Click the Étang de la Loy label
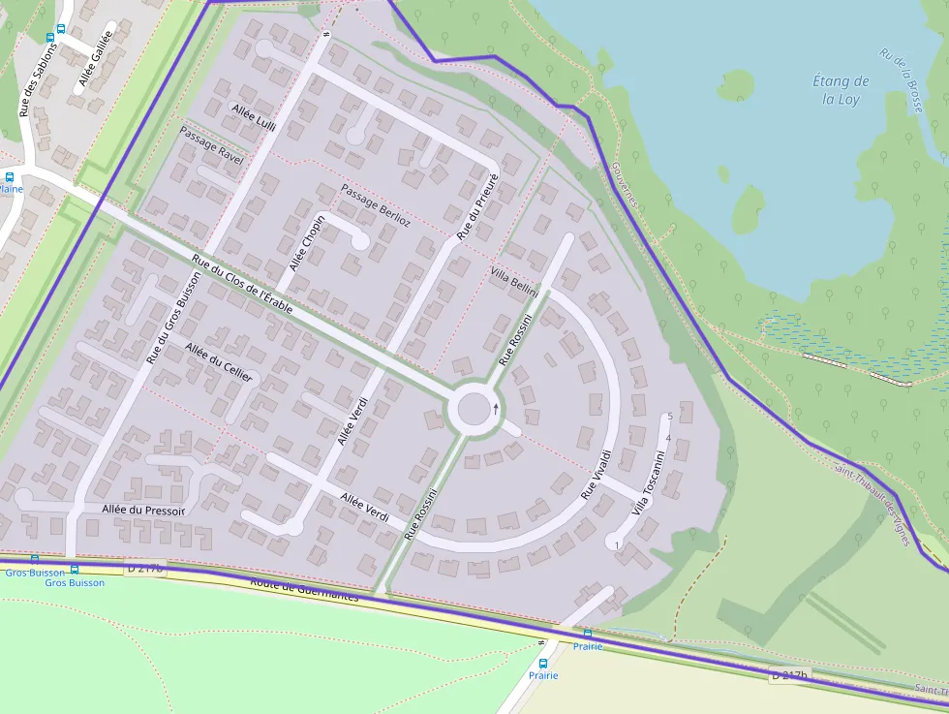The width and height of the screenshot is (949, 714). pyautogui.click(x=842, y=90)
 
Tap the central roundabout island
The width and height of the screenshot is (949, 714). pyautogui.click(x=474, y=410)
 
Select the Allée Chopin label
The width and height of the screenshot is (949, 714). pyautogui.click(x=308, y=243)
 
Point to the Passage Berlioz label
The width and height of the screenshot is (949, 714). pyautogui.click(x=376, y=206)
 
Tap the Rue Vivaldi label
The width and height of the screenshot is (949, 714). pyautogui.click(x=597, y=474)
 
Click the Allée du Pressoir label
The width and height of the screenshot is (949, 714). pyautogui.click(x=143, y=509)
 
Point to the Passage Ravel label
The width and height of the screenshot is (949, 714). pyautogui.click(x=211, y=143)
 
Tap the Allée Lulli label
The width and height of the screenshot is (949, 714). pyautogui.click(x=254, y=117)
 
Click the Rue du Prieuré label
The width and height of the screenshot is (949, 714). pyautogui.click(x=476, y=206)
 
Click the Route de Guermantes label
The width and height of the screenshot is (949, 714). pyautogui.click(x=303, y=589)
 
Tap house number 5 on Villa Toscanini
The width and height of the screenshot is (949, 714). pyautogui.click(x=669, y=417)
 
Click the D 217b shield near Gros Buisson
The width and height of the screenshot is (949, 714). pyautogui.click(x=145, y=569)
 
